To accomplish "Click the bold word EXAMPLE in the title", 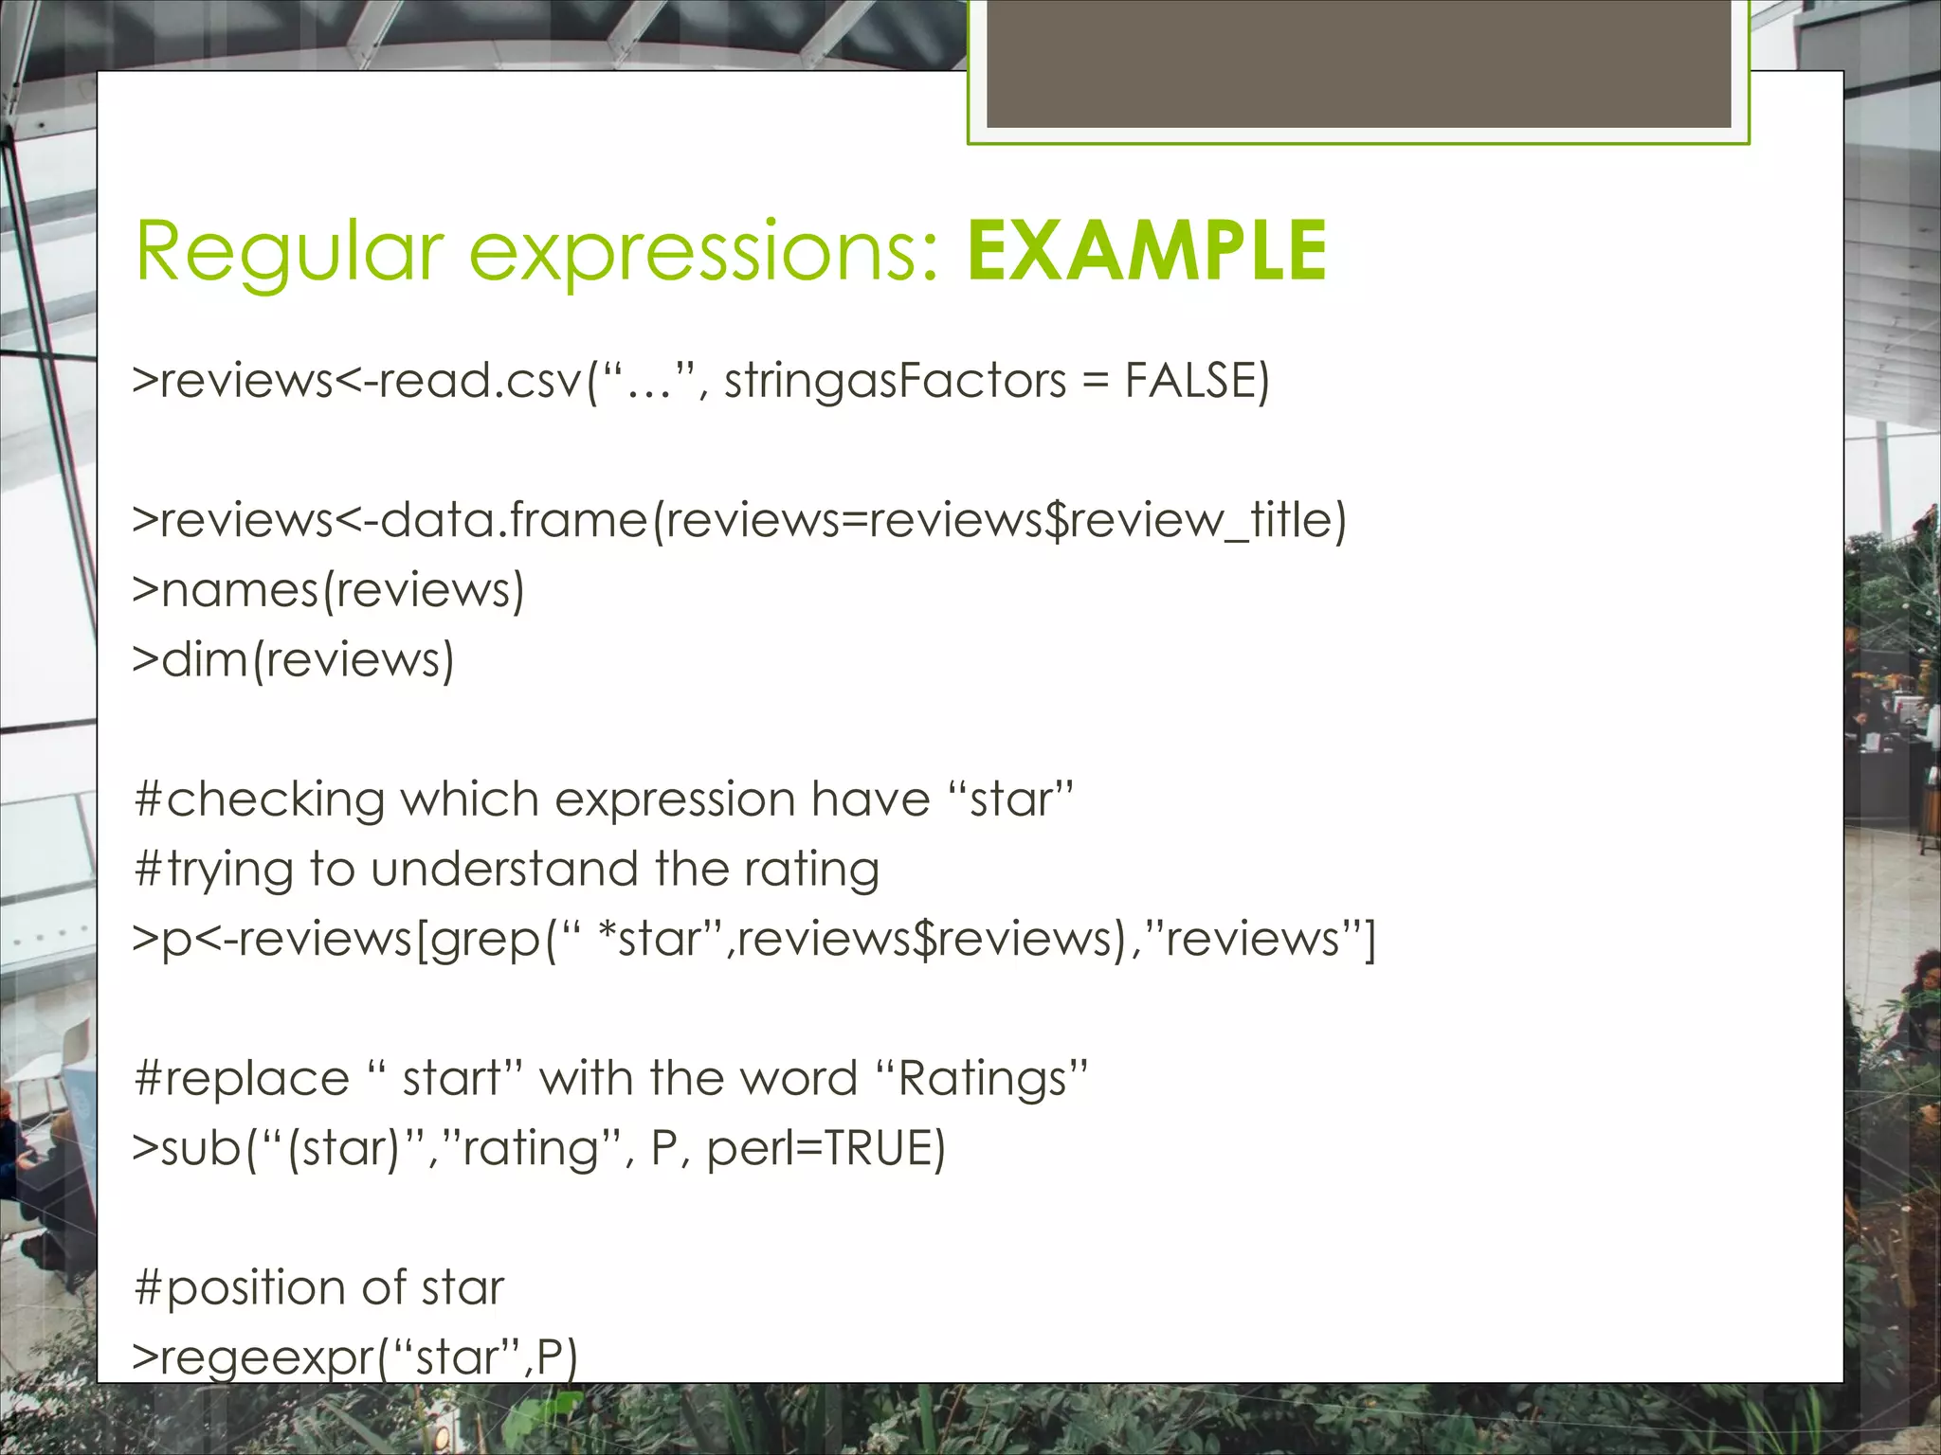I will point(1147,251).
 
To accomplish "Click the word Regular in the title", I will point(289,251).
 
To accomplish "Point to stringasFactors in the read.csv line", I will point(895,381).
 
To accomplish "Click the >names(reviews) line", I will point(328,590).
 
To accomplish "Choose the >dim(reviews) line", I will point(293,659).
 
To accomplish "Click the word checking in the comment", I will point(275,799).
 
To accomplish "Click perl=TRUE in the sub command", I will point(825,1148).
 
